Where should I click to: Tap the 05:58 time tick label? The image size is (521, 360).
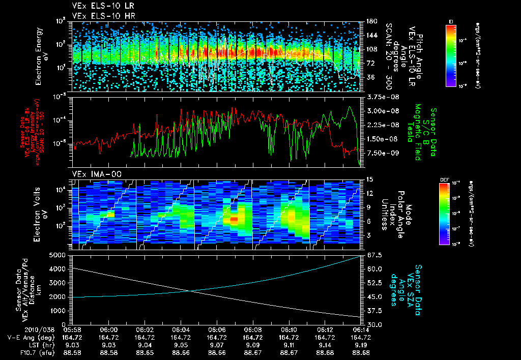(73, 330)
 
